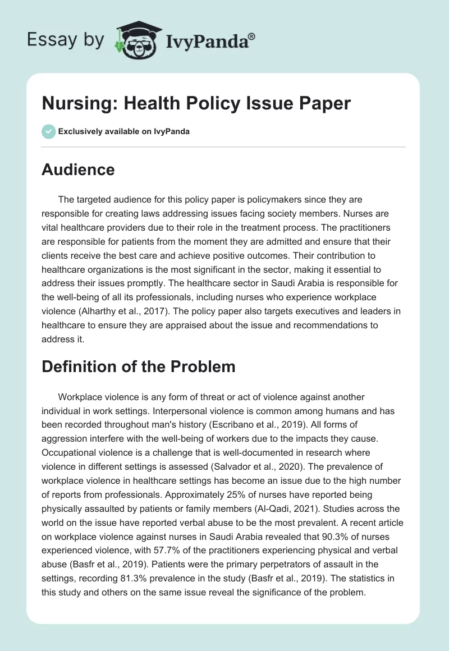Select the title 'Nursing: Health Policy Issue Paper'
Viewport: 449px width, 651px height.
[x=196, y=103]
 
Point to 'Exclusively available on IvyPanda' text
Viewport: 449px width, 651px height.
[x=123, y=131]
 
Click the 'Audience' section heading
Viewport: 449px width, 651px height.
[x=78, y=169]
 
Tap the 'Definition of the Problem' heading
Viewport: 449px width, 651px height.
[x=138, y=366]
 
